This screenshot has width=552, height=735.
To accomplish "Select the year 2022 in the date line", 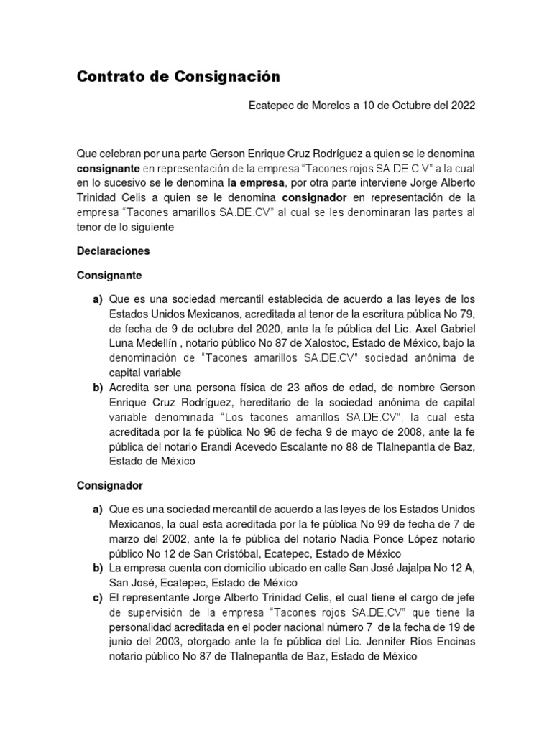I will click(462, 105).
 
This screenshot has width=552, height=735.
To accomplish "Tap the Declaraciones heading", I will click(114, 252).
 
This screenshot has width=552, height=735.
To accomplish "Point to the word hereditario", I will click(262, 402).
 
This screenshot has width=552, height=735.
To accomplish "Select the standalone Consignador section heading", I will click(111, 485).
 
